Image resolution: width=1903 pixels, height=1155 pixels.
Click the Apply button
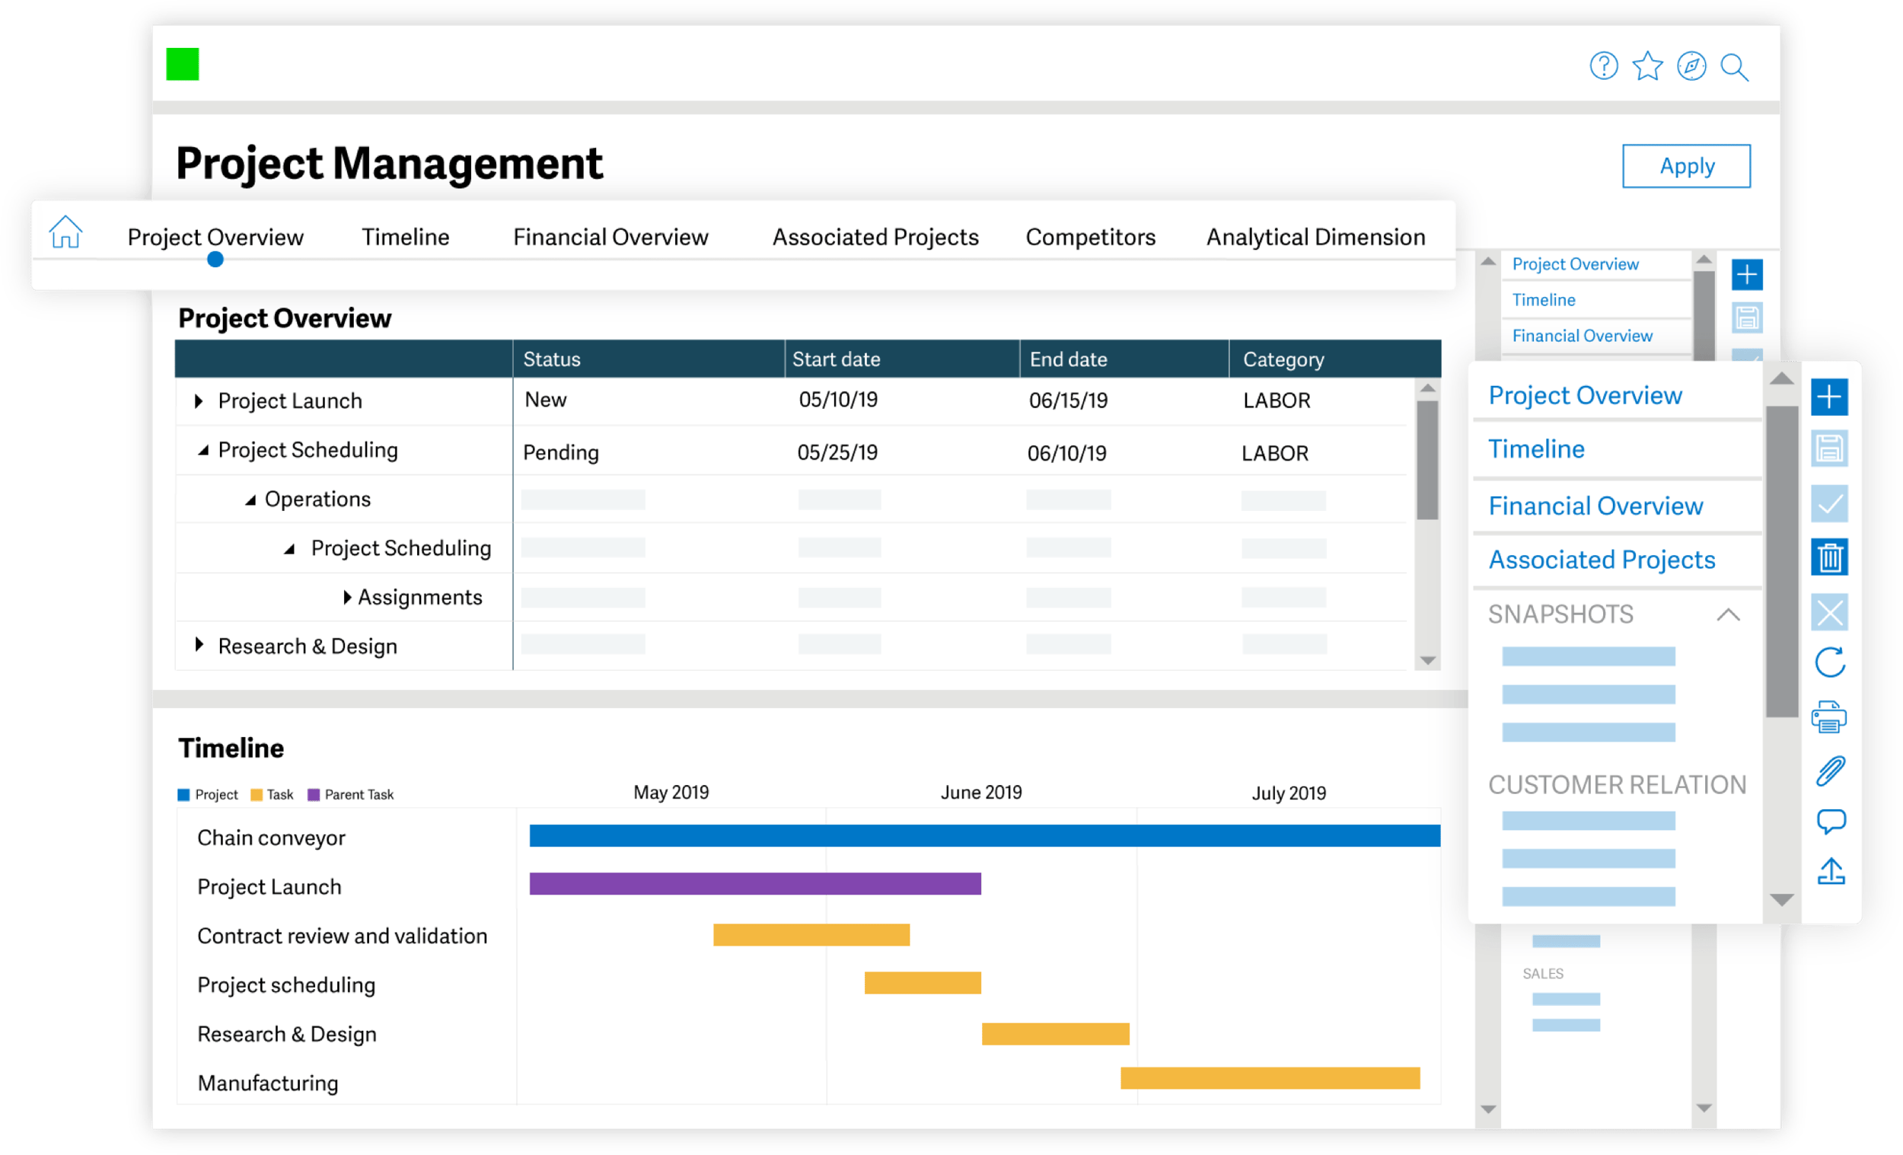point(1686,166)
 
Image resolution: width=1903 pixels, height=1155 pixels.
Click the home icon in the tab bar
point(65,231)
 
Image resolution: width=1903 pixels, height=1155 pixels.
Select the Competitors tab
point(1090,238)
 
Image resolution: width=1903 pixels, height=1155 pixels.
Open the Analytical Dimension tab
point(1315,238)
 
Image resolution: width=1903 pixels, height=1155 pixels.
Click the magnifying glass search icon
point(1735,67)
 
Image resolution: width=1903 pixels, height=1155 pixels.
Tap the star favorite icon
point(1647,66)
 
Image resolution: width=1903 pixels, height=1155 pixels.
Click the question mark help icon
point(1603,66)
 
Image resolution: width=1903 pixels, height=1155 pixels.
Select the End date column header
point(1068,359)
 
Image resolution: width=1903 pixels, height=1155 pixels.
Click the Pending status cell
point(561,453)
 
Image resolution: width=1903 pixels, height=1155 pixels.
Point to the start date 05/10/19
point(838,400)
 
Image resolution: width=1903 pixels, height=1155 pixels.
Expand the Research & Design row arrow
point(199,645)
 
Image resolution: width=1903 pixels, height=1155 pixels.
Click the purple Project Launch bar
point(754,884)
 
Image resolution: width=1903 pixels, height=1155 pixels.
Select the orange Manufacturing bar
point(1270,1079)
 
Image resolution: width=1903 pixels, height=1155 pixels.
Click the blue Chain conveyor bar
point(984,836)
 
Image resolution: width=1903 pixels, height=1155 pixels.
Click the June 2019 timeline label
point(981,793)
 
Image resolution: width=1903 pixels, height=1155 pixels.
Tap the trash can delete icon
point(1829,558)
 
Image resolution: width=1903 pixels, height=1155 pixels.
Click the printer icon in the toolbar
point(1829,717)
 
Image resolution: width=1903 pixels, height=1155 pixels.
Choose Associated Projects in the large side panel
point(1601,560)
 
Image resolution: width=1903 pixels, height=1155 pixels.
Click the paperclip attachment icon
point(1830,771)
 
